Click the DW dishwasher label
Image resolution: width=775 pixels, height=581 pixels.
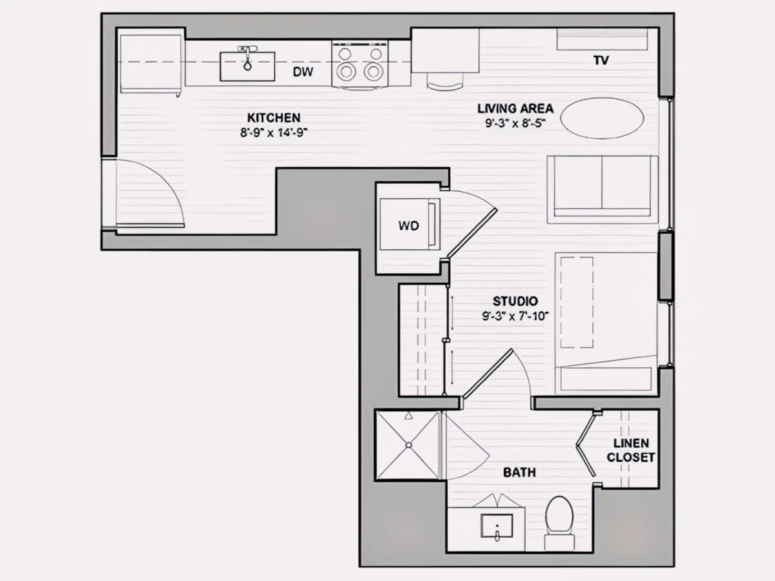click(x=303, y=72)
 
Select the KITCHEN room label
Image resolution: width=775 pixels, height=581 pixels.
click(x=274, y=117)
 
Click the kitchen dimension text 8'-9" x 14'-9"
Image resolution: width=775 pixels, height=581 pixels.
click(x=274, y=133)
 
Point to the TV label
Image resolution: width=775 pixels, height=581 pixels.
click(x=601, y=61)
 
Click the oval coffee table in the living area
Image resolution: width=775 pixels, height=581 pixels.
click(x=602, y=118)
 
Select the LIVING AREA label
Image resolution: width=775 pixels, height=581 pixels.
click(x=515, y=108)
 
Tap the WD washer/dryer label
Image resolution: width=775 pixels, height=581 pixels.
click(x=409, y=226)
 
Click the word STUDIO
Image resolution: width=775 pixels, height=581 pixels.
click(x=515, y=301)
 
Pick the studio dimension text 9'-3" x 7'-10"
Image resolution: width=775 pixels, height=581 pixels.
click(x=515, y=316)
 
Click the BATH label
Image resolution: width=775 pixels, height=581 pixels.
click(x=519, y=473)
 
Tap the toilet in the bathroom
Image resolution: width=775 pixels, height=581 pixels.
click(x=559, y=523)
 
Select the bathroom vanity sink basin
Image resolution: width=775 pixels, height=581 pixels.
click(x=497, y=525)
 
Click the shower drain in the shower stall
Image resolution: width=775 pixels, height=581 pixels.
click(x=409, y=445)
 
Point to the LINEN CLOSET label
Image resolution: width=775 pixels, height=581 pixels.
click(x=630, y=451)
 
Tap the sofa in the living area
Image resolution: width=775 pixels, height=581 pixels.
click(x=603, y=190)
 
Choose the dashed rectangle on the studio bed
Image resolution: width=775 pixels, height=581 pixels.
click(x=577, y=302)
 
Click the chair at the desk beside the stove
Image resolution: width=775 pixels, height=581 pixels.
click(x=444, y=81)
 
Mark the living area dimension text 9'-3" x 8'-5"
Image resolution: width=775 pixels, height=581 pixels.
click(x=515, y=123)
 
